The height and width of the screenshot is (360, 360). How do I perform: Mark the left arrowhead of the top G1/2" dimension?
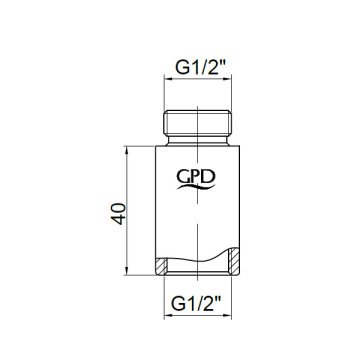[x=167, y=84]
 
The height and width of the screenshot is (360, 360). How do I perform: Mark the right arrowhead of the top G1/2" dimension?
[x=229, y=84]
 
